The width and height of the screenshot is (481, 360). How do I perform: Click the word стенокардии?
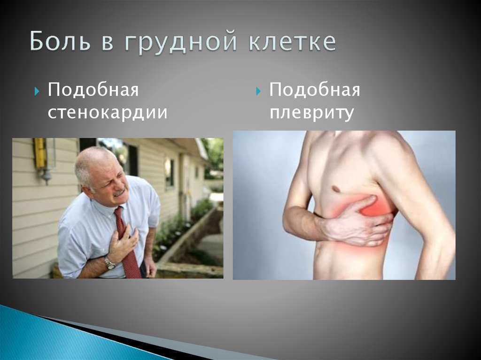click(108, 113)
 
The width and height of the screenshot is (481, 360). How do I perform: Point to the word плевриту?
click(311, 113)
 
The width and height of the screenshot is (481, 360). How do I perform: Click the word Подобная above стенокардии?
click(93, 89)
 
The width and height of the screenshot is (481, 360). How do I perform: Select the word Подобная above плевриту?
click(315, 89)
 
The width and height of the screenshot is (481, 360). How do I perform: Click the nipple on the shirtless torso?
click(335, 189)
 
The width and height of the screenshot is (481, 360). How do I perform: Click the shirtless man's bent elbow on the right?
click(444, 244)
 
